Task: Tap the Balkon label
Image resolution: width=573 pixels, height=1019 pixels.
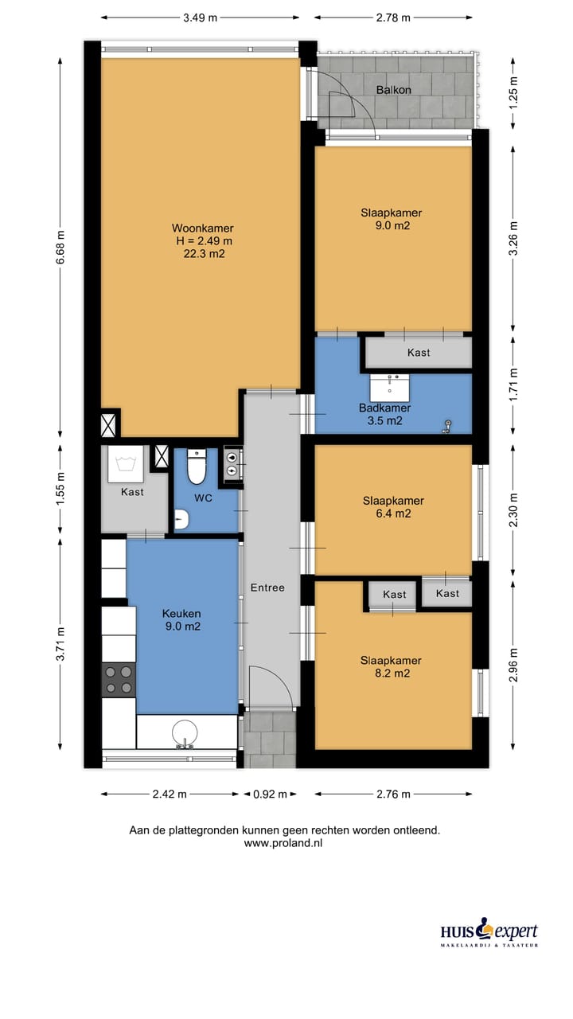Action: click(393, 90)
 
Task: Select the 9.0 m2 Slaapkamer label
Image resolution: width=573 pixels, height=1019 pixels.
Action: click(391, 219)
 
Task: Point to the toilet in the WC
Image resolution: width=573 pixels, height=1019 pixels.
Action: click(197, 467)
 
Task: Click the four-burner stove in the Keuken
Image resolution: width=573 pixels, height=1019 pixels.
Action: click(119, 679)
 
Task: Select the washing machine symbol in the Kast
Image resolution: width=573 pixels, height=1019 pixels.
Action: click(126, 464)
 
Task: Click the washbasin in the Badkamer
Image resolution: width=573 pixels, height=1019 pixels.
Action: click(390, 388)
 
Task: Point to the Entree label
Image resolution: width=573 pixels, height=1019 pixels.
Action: click(267, 588)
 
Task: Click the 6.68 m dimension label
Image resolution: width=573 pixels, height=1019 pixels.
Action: click(60, 247)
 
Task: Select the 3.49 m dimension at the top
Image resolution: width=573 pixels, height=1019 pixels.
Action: click(200, 18)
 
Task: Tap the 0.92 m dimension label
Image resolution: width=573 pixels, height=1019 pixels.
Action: click(270, 794)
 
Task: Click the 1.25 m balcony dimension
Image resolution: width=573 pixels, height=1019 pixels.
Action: click(513, 93)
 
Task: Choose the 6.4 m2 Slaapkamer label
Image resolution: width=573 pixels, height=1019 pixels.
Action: click(393, 507)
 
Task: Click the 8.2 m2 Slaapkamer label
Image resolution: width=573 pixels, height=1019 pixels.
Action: click(391, 666)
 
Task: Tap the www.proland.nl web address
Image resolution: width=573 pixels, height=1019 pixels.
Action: click(283, 842)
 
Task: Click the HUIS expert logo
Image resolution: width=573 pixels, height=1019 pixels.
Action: click(489, 932)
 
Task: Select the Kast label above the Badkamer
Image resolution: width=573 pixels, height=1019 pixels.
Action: click(419, 352)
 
